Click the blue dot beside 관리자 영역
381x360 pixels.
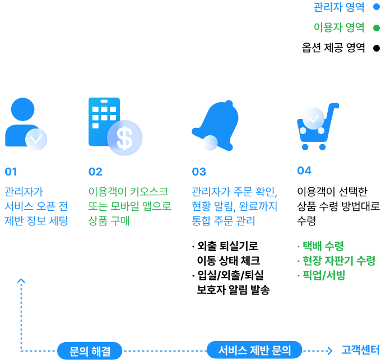tap(377, 7)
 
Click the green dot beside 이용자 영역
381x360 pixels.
tap(377, 27)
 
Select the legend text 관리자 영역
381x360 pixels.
tap(338, 7)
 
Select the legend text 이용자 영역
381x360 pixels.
tap(338, 27)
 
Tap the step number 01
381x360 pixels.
tap(11, 172)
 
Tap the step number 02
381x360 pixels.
tap(95, 172)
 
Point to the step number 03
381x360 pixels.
tap(199, 172)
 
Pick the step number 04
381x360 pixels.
tap(304, 170)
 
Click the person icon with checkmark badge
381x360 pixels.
tap(25, 123)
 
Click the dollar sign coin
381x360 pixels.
tap(125, 137)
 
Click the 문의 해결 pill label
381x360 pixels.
tap(90, 351)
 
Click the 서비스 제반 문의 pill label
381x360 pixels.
tap(254, 350)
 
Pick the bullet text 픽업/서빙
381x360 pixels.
tap(324, 275)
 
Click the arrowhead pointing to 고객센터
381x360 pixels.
tap(330, 350)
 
